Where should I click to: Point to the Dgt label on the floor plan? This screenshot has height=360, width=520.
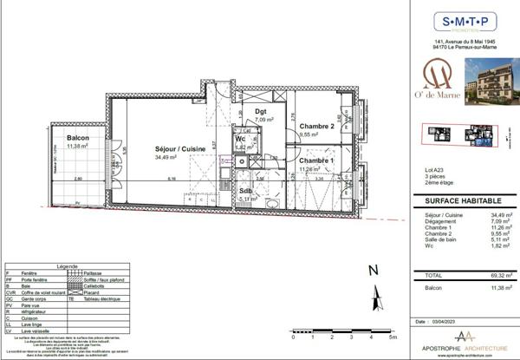(x=260, y=111)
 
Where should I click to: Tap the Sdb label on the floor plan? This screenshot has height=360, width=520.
(x=245, y=191)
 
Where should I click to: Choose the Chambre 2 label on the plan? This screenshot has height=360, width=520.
(x=316, y=127)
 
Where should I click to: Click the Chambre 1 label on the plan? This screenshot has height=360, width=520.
(x=316, y=161)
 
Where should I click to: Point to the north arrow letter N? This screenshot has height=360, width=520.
(x=371, y=269)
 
